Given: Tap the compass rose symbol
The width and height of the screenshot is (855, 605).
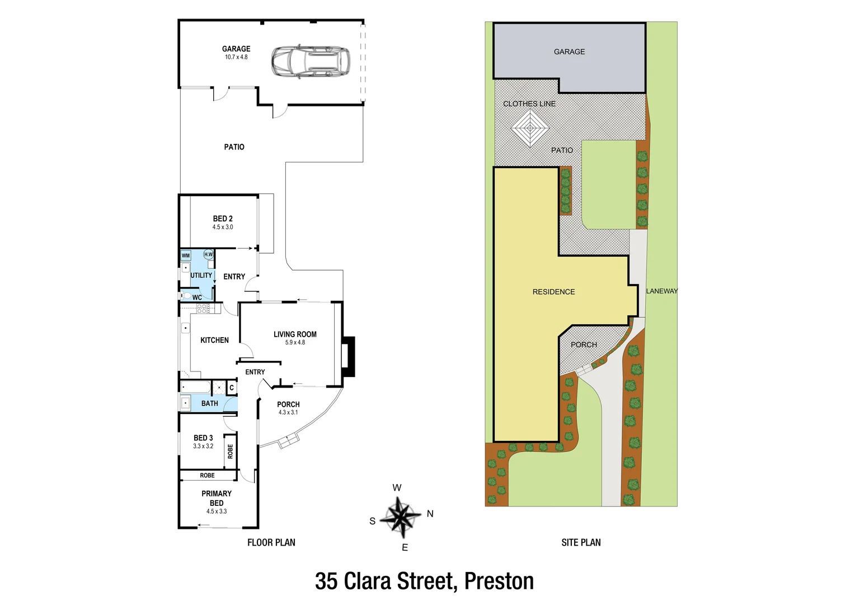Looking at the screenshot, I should tap(401, 516).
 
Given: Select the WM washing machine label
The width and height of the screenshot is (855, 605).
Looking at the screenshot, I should tap(186, 255).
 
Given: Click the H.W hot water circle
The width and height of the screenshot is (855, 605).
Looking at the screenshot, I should tap(208, 254).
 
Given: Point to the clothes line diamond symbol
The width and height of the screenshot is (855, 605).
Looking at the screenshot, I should tap(529, 128).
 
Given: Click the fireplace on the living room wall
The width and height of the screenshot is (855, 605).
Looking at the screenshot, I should tap(348, 356).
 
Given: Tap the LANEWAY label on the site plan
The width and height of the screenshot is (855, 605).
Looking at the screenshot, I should tap(661, 291).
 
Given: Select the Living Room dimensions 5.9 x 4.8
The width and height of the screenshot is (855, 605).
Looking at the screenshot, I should tap(295, 342).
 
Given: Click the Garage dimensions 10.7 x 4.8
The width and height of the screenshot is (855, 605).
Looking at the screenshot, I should tap(236, 57).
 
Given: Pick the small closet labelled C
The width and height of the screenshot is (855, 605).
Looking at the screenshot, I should tap(232, 388).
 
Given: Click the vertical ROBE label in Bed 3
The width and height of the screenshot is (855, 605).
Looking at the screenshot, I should tap(230, 452).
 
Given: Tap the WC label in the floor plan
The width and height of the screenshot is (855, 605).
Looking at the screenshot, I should tap(197, 297).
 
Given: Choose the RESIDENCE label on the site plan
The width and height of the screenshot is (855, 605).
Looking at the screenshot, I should tap(553, 292).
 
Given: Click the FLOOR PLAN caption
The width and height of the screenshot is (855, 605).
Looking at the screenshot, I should tap(271, 542).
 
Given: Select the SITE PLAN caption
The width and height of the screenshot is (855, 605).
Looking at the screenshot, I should tap(581, 542).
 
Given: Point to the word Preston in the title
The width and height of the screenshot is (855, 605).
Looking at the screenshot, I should tap(499, 581).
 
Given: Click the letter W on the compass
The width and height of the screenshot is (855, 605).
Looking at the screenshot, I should tap(397, 488).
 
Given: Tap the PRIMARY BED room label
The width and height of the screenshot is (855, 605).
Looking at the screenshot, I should tap(217, 498).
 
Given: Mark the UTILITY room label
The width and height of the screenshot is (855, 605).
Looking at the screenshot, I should tap(201, 276).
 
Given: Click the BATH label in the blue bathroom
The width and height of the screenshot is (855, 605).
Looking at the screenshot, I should tap(210, 403).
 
